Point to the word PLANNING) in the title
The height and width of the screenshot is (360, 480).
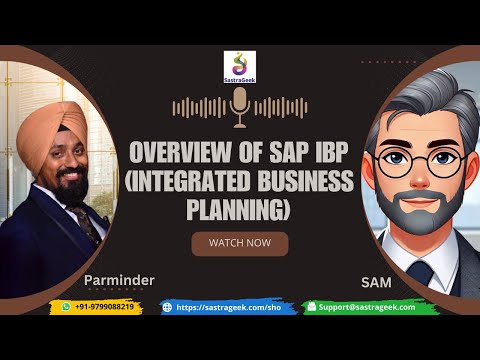tap(239, 209)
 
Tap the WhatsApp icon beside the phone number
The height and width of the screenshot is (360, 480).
tap(66, 307)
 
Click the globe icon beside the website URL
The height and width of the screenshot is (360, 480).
tap(167, 307)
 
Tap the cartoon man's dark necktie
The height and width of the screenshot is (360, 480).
tap(421, 272)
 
